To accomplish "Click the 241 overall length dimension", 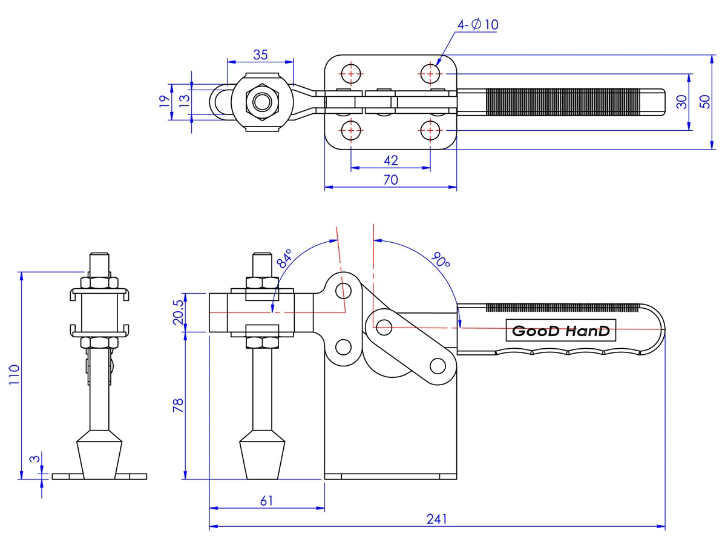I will [436, 519].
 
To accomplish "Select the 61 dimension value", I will [266, 500].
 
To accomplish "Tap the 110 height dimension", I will [14, 375].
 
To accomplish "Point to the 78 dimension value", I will [178, 405].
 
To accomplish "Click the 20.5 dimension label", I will [178, 312].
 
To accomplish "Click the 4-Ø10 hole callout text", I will [477, 25].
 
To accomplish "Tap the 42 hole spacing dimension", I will [391, 160].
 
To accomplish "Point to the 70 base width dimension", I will [391, 180].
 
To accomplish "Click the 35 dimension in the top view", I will [260, 54].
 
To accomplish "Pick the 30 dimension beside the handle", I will [682, 102].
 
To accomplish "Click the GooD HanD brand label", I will [560, 331].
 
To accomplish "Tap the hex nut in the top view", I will [261, 102].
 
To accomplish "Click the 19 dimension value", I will [164, 102].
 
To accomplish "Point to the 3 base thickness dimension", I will [36, 459].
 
